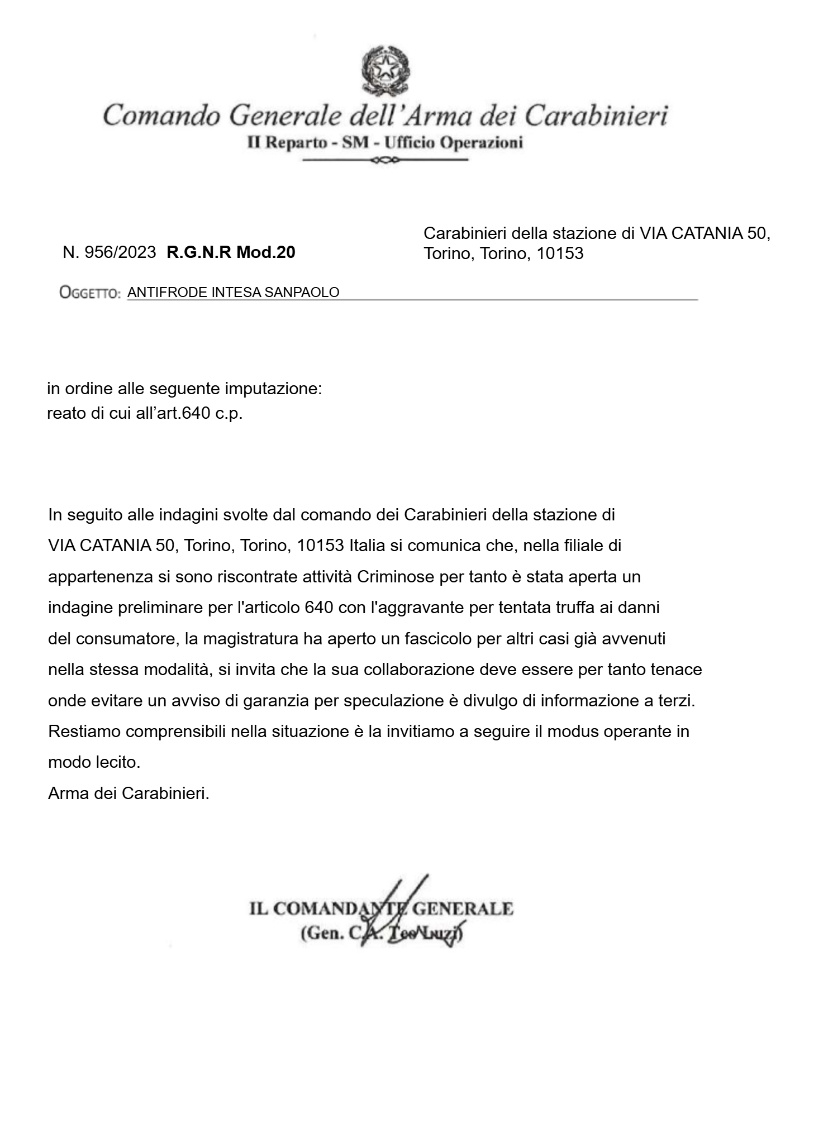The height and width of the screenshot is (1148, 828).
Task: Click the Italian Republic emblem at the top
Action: (x=386, y=71)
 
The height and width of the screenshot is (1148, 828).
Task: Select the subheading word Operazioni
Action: (x=481, y=143)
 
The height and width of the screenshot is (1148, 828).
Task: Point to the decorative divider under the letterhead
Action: (x=385, y=161)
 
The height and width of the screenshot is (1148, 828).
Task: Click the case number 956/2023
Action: (x=120, y=252)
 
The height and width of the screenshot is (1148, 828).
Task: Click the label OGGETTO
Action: (x=90, y=293)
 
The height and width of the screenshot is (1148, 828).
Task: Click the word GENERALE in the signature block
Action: (x=462, y=908)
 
